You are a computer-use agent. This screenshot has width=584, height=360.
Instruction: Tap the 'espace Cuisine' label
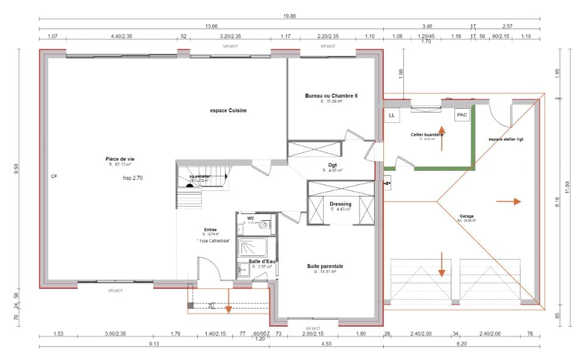pos(228,111)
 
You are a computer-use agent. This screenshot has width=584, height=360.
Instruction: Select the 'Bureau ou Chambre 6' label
pos(331,96)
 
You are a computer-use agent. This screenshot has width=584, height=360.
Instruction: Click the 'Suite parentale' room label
pos(328,266)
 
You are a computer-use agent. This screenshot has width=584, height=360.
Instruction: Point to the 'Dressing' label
pos(340,204)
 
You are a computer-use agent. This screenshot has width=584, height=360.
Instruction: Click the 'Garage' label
pos(467,216)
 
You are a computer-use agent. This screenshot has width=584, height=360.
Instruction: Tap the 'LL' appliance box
pos(391,116)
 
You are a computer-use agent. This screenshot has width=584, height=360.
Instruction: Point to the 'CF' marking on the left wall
pos(54,176)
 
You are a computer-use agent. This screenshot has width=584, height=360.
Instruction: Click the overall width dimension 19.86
pos(289,16)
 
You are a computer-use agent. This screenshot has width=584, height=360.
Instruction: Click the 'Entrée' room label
pos(210,230)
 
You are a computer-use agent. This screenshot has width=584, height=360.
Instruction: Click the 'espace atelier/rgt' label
pos(506,139)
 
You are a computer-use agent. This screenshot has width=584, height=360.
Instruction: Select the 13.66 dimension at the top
pos(211,26)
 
